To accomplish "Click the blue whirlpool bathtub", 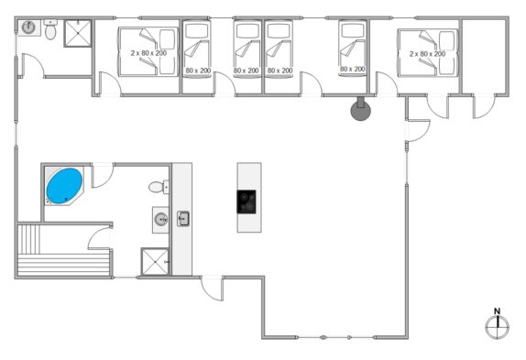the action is tap(64, 186).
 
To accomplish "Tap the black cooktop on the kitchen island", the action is tap(247, 202).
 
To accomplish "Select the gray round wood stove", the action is tap(361, 110).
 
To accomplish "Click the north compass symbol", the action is tap(498, 327).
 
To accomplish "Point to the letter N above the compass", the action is tap(498, 311).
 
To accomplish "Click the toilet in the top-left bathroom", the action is tap(50, 29).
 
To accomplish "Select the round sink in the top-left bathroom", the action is tap(28, 27).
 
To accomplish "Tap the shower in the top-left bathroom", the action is tap(78, 33).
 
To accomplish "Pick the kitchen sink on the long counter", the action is tap(183, 219).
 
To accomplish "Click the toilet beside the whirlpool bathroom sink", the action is tap(159, 187).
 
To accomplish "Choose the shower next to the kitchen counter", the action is tap(155, 262).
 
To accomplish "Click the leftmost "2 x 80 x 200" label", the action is tap(148, 53).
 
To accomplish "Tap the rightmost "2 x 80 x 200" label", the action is tap(427, 54).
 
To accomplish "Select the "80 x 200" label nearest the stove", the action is tap(353, 69).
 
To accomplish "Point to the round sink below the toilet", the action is tap(161, 220).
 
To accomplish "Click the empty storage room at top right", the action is tap(484, 56).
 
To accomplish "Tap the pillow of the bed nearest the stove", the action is tap(352, 30).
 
